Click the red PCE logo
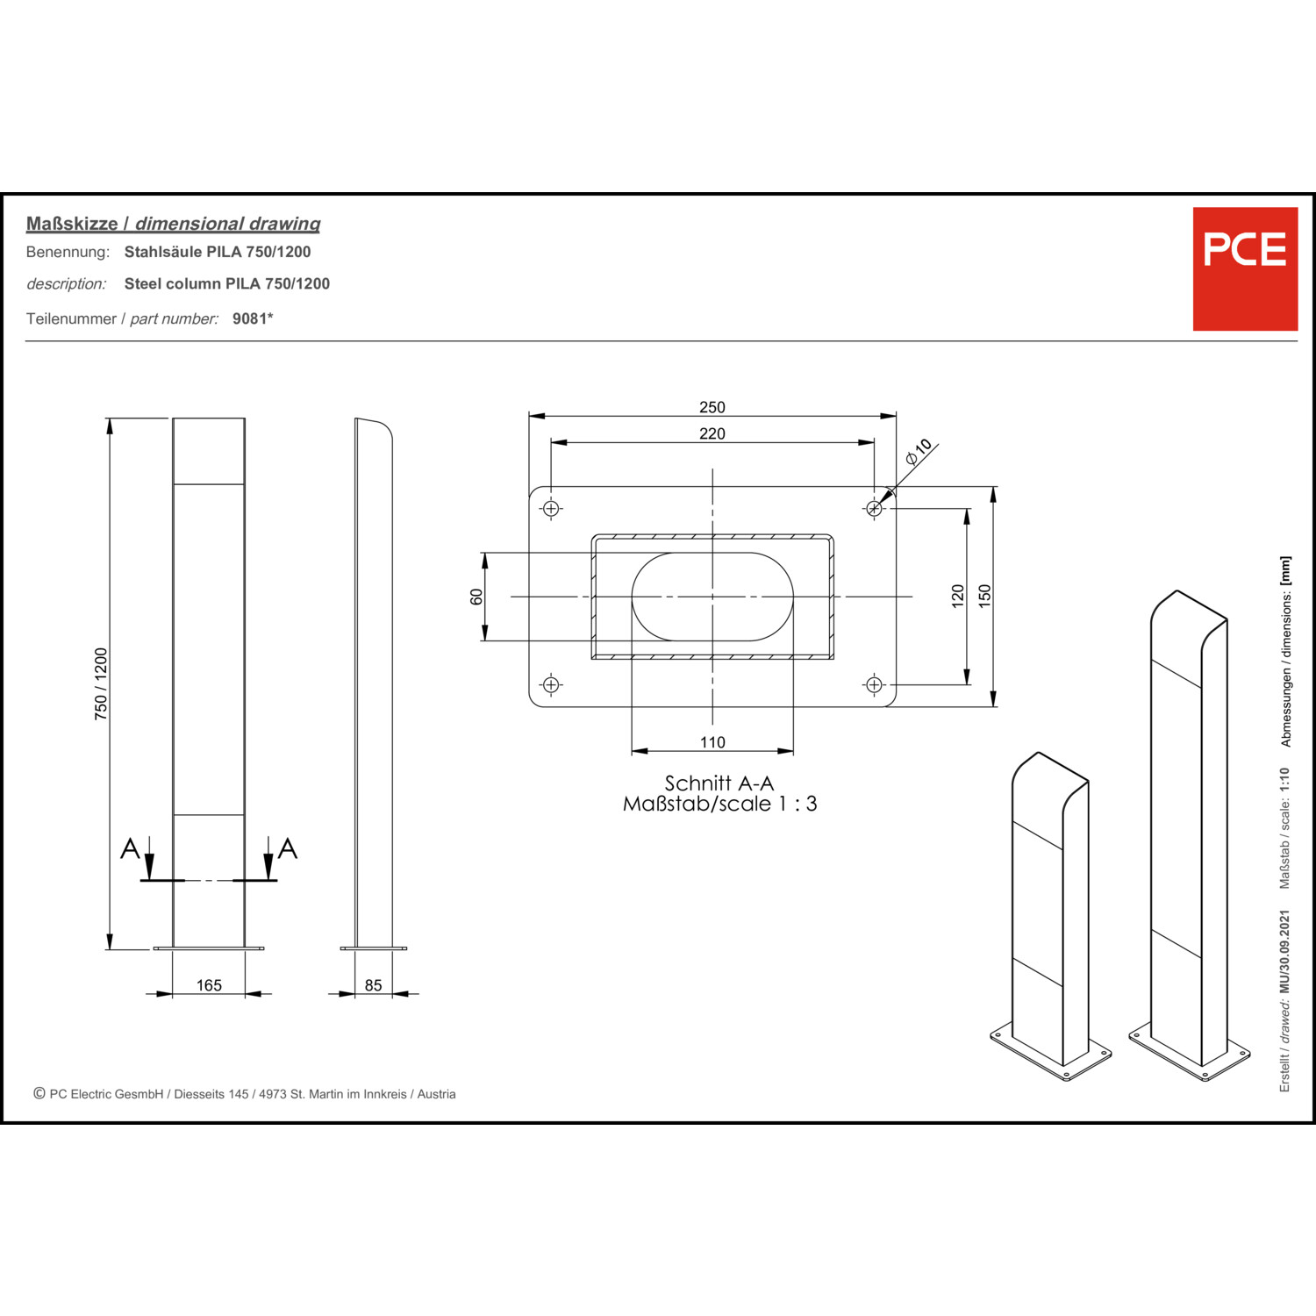click(x=1245, y=268)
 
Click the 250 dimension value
click(x=712, y=407)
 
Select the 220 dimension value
click(x=712, y=433)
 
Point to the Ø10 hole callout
click(x=919, y=450)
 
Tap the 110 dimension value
click(x=712, y=742)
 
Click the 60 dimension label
click(x=476, y=597)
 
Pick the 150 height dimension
click(x=984, y=597)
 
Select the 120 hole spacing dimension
click(x=958, y=597)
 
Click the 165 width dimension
click(x=209, y=985)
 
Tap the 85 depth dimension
click(x=374, y=985)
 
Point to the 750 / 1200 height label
click(x=101, y=684)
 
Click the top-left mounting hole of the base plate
click(x=551, y=509)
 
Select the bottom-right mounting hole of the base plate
click(x=874, y=684)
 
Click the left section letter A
click(x=130, y=848)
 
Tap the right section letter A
click(x=288, y=848)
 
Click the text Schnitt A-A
click(x=719, y=783)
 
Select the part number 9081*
click(x=253, y=318)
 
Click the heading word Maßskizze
click(x=72, y=224)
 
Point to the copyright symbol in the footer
click(x=39, y=1093)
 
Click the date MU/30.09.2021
click(x=1284, y=951)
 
